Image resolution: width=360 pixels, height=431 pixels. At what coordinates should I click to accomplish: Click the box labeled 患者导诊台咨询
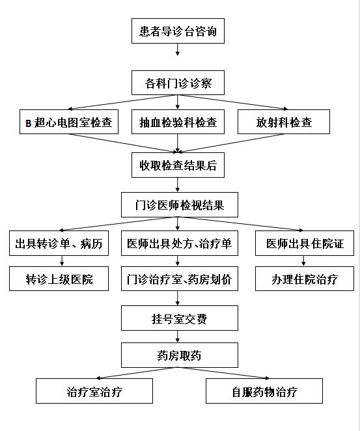point(178,31)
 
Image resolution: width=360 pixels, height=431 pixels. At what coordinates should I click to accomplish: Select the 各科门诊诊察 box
point(178,83)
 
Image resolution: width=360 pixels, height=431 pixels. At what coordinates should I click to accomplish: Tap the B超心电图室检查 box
point(69,122)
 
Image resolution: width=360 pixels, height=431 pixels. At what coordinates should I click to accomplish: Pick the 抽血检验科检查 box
point(178,122)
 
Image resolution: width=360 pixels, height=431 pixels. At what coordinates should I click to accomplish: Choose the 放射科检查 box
point(284,122)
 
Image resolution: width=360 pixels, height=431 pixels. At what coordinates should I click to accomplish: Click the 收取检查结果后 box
point(178,165)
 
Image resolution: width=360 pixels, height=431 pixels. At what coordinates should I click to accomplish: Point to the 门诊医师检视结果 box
point(180,205)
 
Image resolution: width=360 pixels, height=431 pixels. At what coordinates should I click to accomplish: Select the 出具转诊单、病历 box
point(59,243)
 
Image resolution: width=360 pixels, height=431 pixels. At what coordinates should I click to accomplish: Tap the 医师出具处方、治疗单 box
point(180,243)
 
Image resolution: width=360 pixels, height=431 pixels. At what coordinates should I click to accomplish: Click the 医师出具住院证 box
point(305,243)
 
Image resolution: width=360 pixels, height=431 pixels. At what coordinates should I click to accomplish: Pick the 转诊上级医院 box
point(59,279)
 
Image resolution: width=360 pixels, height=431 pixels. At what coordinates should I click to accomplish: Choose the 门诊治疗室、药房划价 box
point(180,279)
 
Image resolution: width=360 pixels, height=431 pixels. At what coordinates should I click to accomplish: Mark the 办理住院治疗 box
point(305,279)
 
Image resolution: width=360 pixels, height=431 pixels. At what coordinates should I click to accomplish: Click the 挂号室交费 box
point(180,318)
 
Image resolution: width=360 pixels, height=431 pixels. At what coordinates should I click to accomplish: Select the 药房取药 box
point(180,355)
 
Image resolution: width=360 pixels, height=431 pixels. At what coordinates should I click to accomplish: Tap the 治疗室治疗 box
point(94,391)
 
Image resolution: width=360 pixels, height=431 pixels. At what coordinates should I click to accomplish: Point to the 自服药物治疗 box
point(264,391)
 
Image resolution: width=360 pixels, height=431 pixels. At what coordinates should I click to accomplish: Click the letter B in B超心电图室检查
point(28,123)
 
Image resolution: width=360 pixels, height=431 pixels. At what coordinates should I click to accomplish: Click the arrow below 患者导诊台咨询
point(178,49)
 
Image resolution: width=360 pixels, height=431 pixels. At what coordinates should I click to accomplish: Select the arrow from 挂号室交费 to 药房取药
point(178,337)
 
